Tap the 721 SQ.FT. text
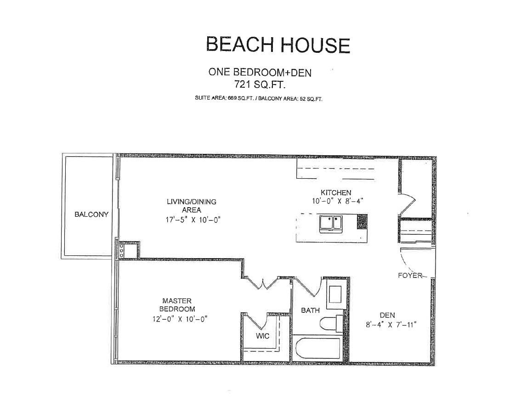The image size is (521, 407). click(x=260, y=85)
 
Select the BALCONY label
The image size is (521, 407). click(x=91, y=215)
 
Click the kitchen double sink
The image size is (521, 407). click(x=331, y=224)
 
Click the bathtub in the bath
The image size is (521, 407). click(x=318, y=349)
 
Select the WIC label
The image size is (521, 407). click(x=262, y=336)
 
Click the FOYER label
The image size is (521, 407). click(x=410, y=276)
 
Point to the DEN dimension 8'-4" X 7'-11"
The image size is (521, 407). click(x=391, y=325)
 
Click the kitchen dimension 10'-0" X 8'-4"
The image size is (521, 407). click(x=337, y=201)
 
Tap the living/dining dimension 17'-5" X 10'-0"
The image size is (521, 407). click(x=193, y=220)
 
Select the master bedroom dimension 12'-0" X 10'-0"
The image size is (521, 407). click(x=180, y=319)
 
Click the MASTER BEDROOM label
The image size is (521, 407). click(x=177, y=305)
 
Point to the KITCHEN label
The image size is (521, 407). click(x=336, y=192)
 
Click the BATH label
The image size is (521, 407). click(x=310, y=311)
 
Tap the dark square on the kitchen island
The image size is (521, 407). click(x=362, y=221)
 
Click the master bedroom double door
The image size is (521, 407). click(x=263, y=283)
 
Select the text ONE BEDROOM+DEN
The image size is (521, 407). click(x=260, y=72)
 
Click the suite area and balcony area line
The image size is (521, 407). click(x=259, y=98)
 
